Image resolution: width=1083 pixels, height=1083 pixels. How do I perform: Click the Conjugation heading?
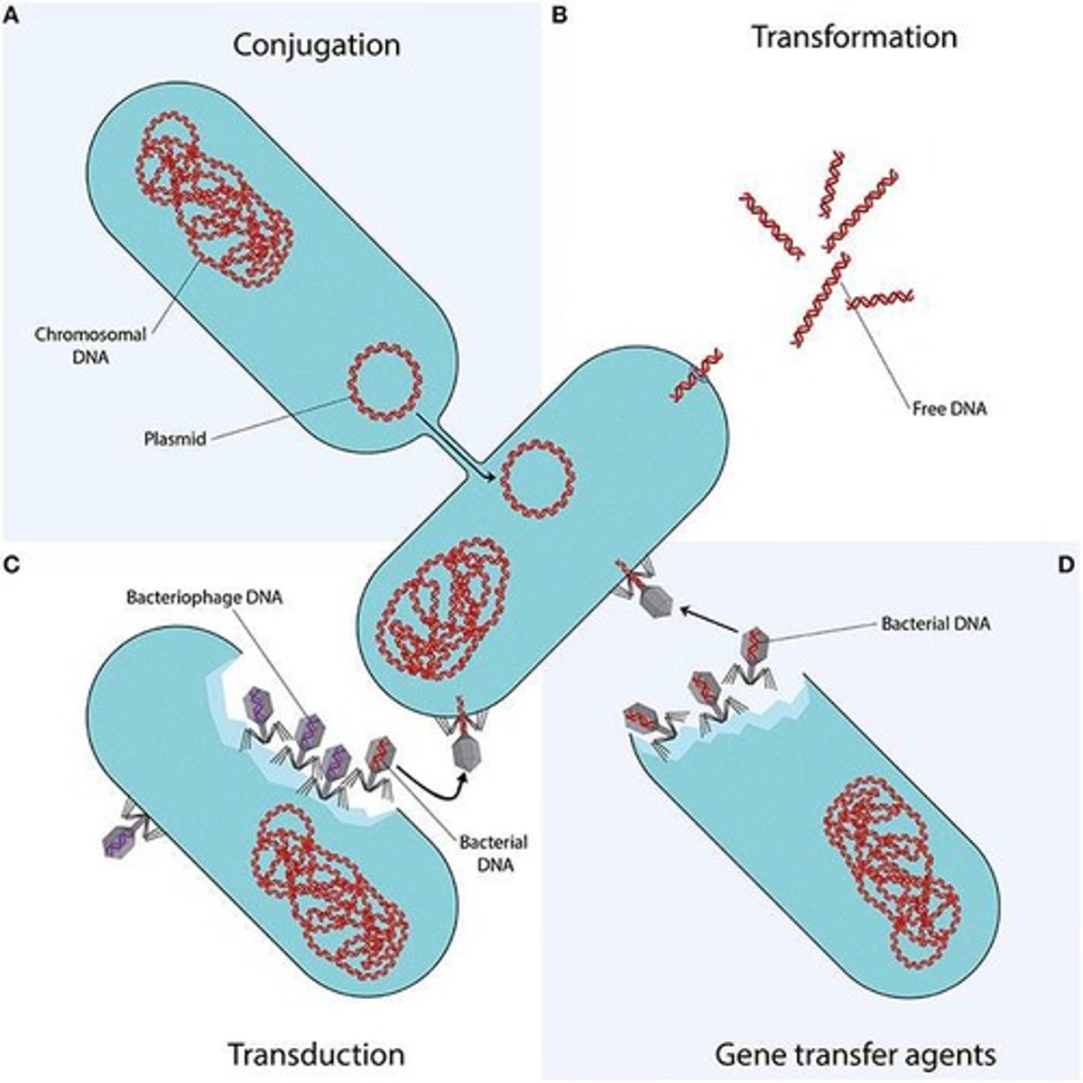point(316,43)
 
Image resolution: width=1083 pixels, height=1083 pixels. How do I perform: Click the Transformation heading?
point(854,37)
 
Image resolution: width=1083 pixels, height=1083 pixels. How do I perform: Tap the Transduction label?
point(315,1054)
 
